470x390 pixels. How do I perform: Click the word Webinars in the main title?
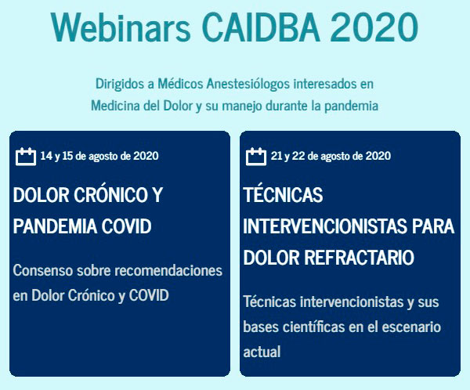(121, 27)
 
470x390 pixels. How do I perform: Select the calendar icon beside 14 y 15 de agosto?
(26, 156)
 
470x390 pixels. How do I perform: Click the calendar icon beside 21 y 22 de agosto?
(256, 156)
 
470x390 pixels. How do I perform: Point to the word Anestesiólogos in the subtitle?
(248, 84)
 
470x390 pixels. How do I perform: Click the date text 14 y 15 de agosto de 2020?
(99, 156)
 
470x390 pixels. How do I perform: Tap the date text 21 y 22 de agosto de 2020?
(331, 156)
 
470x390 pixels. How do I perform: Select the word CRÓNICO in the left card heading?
(109, 195)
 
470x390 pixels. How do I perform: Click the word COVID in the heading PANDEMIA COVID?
(126, 226)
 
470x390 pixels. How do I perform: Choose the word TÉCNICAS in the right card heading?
(284, 195)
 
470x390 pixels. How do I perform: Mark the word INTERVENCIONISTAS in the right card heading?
(325, 226)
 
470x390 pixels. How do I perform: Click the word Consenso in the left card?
(43, 270)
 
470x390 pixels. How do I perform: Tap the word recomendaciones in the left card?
(168, 270)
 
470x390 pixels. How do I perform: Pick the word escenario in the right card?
(411, 327)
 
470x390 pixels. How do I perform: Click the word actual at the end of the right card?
(262, 352)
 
